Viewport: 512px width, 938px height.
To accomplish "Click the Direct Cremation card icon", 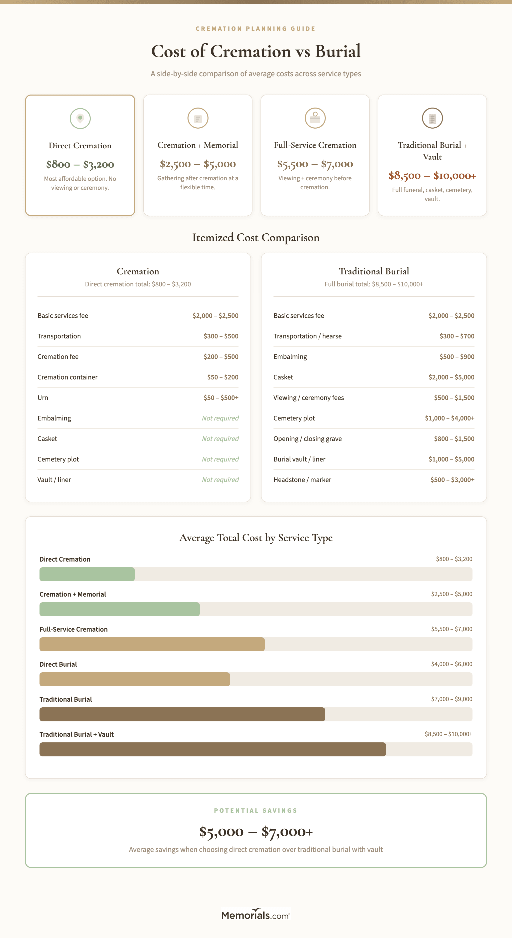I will coord(80,118).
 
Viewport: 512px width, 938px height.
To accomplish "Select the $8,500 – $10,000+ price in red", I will coord(432,176).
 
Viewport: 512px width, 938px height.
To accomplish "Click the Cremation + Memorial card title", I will coord(197,145).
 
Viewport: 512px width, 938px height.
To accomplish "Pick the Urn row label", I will coord(43,398).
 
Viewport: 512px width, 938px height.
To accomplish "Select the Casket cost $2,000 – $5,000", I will coord(451,377).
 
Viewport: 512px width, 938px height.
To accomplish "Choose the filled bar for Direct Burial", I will coord(135,679).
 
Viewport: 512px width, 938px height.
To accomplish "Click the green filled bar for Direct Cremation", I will coord(87,574).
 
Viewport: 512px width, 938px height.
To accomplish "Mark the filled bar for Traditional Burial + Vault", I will coord(212,749).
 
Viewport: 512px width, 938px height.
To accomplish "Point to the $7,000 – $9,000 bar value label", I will coord(451,699).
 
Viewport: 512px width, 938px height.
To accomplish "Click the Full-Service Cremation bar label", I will coord(73,629).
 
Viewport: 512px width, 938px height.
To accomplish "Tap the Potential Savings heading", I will coord(256,810).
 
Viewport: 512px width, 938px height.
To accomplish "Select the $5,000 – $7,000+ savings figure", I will coord(256,832).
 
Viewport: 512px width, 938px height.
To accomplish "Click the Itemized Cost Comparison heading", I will coord(256,237).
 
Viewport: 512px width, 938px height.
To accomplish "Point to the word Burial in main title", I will coord(338,51).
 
